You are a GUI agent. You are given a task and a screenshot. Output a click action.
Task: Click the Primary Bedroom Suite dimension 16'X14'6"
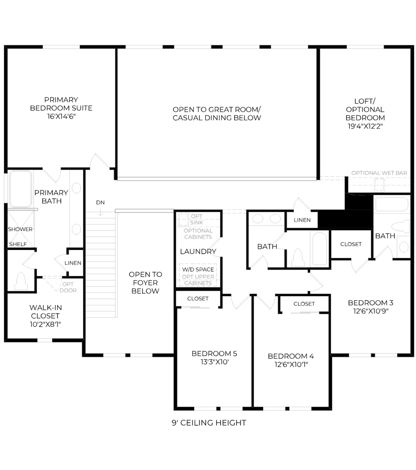click(x=61, y=116)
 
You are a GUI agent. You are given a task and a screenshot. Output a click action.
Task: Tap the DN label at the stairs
click(x=100, y=203)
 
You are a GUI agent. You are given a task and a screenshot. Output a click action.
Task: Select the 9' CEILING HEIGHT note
click(x=209, y=423)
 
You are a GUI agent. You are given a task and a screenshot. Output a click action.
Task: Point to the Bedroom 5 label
click(x=214, y=354)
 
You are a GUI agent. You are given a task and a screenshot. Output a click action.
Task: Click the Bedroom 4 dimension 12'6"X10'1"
click(x=291, y=364)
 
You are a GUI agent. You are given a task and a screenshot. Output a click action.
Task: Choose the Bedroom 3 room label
click(x=370, y=303)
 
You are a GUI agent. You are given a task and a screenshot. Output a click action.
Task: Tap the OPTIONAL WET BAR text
click(x=379, y=173)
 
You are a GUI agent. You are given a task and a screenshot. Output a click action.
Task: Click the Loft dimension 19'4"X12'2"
click(x=365, y=126)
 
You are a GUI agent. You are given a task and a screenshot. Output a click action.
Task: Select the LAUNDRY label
click(x=198, y=251)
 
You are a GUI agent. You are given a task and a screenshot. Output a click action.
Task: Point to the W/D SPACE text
click(x=198, y=270)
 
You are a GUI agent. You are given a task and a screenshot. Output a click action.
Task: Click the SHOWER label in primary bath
click(x=20, y=229)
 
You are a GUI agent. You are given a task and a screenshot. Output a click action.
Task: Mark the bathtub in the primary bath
click(x=21, y=189)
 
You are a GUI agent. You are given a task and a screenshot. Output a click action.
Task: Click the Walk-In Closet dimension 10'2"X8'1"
click(x=45, y=324)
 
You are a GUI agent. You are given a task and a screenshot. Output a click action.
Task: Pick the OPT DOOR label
click(x=68, y=287)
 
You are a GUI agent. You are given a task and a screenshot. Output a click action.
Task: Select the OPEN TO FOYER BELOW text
click(x=145, y=283)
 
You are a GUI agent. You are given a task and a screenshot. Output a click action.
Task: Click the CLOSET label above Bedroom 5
click(x=198, y=299)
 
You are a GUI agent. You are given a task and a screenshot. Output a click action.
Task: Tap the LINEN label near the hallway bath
click(x=302, y=220)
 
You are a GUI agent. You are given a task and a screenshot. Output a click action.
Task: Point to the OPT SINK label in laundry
click(x=197, y=219)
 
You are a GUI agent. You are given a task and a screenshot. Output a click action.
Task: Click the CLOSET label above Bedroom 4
click(x=304, y=304)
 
